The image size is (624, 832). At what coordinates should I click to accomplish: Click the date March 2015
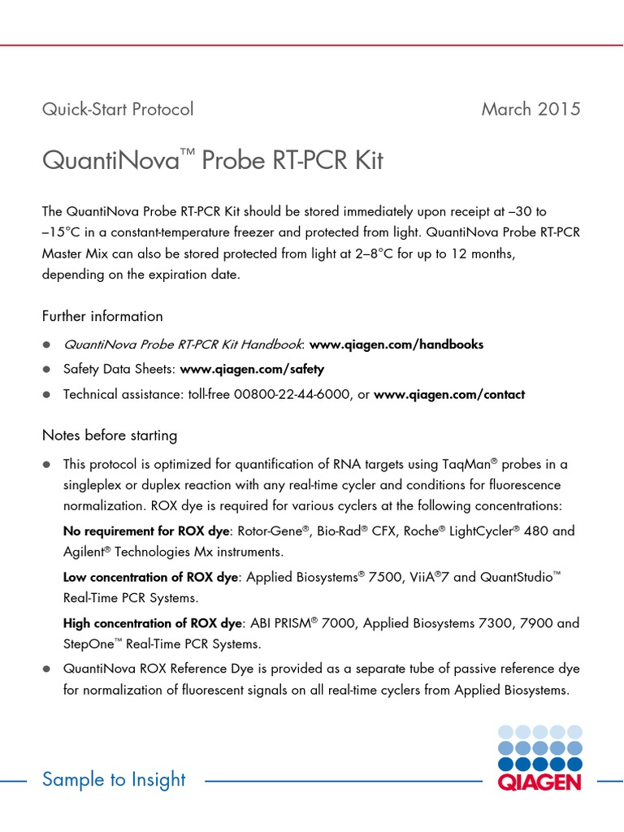(531, 109)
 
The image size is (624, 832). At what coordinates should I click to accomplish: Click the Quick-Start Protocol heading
(118, 109)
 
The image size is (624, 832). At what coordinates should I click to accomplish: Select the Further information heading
(102, 316)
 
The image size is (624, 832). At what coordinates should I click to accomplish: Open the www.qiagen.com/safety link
(252, 369)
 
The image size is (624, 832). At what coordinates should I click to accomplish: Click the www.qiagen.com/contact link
(449, 394)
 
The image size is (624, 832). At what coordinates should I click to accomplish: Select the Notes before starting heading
(109, 435)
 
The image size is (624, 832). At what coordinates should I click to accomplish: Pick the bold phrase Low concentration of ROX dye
(152, 577)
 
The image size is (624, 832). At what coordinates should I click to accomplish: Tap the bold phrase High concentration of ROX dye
(153, 624)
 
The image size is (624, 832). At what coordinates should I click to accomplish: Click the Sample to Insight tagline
(114, 780)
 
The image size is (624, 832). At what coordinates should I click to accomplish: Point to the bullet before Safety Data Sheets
(47, 370)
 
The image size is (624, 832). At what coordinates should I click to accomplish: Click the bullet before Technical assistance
(47, 395)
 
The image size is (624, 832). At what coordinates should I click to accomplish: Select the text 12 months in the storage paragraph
(482, 253)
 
